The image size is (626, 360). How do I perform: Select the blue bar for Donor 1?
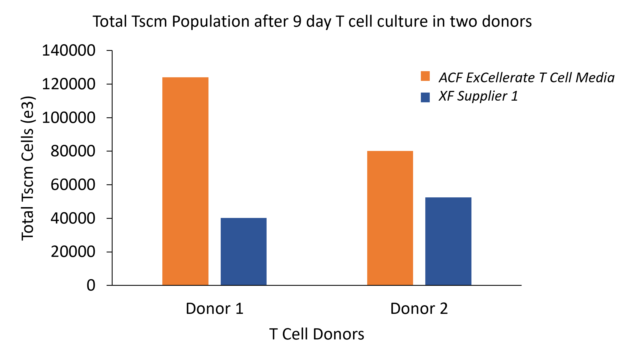244,252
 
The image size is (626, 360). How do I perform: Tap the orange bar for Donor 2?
390,218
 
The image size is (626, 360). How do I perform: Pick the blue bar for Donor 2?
448,241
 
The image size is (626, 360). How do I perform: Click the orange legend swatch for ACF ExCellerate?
425,76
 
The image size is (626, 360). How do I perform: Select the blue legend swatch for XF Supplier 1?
425,97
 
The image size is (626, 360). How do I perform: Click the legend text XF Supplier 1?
478,96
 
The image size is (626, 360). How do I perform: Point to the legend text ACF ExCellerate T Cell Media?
526,78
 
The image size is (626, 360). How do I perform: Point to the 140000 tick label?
68,51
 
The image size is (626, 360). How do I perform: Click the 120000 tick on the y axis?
68,84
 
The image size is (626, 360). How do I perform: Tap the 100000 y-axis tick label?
68,118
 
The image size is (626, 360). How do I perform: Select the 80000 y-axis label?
73,151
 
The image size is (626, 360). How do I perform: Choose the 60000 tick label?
73,185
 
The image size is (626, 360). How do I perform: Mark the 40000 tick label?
73,218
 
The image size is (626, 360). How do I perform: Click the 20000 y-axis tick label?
73,252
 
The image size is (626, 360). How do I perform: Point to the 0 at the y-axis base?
91,285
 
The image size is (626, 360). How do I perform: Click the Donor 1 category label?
214,309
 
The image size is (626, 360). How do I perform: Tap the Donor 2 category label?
419,309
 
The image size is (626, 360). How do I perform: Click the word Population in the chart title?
210,22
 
